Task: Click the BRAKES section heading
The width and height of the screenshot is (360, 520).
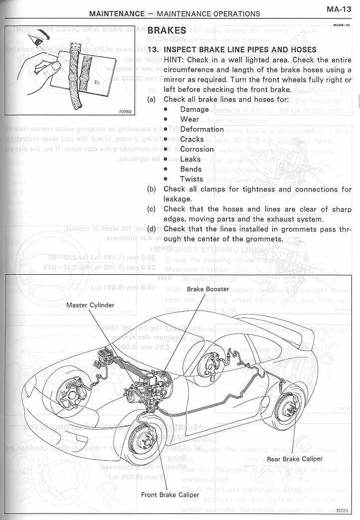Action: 167,31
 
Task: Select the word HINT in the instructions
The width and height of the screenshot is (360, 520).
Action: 175,60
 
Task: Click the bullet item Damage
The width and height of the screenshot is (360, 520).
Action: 194,109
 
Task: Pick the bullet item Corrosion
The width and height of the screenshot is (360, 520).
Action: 197,149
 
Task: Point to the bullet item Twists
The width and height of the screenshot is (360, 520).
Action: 191,179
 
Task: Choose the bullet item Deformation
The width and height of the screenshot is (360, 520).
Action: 202,129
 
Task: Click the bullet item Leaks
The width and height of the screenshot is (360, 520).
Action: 190,159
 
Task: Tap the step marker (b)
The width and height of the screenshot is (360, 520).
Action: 152,189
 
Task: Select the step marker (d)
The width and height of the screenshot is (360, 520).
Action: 152,229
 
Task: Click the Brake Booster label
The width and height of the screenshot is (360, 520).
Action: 208,289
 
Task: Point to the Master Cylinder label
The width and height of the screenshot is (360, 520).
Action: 90,305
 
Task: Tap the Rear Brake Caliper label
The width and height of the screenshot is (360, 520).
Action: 295,459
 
